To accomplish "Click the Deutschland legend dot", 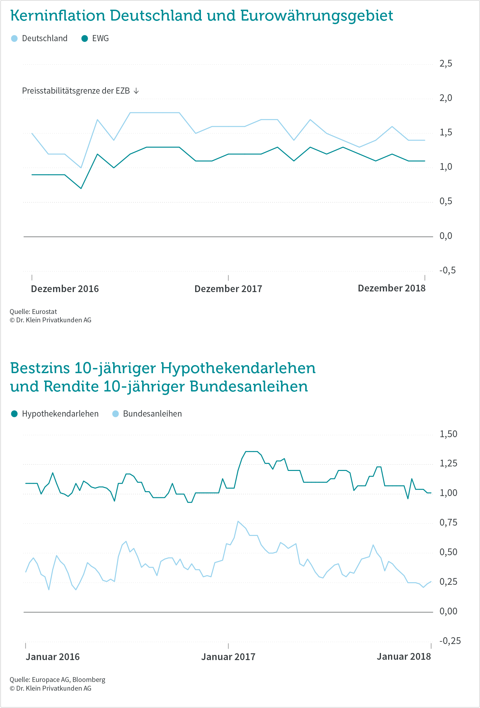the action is tap(14, 39).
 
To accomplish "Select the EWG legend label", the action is tap(100, 39).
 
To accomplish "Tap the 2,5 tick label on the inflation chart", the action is tap(446, 64).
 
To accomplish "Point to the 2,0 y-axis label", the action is tap(446, 98).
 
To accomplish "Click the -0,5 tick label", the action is tap(448, 270).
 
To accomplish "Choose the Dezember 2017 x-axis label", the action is tap(228, 289).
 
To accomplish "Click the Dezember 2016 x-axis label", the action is tap(65, 289).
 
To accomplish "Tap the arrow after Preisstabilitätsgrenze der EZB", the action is tap(136, 91).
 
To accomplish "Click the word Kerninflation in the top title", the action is tap(58, 15).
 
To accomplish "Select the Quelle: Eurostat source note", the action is tap(33, 312).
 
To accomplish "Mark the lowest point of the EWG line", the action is tap(81, 188).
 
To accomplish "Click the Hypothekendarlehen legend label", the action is tap(60, 414).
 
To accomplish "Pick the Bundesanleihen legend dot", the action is tap(115, 414).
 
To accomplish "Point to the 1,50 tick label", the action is tap(448, 434).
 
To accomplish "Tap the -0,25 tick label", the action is tap(450, 641).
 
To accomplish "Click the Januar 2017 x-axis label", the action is tap(228, 657).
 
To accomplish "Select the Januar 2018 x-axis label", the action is tap(404, 657).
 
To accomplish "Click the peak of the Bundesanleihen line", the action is tap(238, 521).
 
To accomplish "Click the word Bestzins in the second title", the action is tap(40, 368).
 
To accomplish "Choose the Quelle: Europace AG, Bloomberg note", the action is tap(57, 680).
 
